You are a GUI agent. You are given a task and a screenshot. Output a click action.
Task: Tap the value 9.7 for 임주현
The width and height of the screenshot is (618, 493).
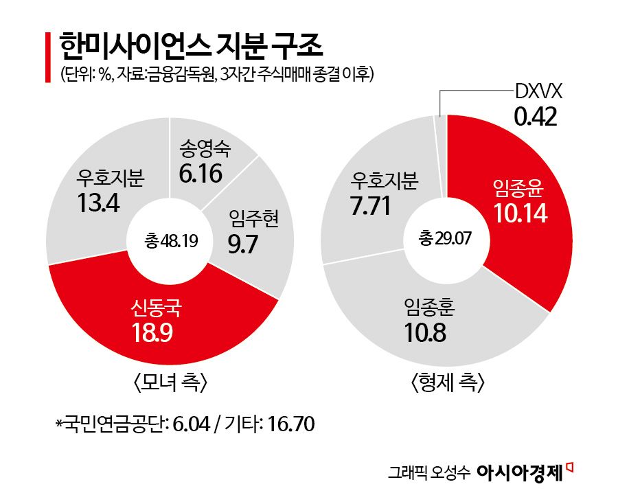242,244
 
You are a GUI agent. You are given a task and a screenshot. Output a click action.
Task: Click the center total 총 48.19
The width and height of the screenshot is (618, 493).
171,240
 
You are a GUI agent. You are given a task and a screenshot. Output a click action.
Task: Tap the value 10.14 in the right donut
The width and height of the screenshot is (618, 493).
520,214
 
